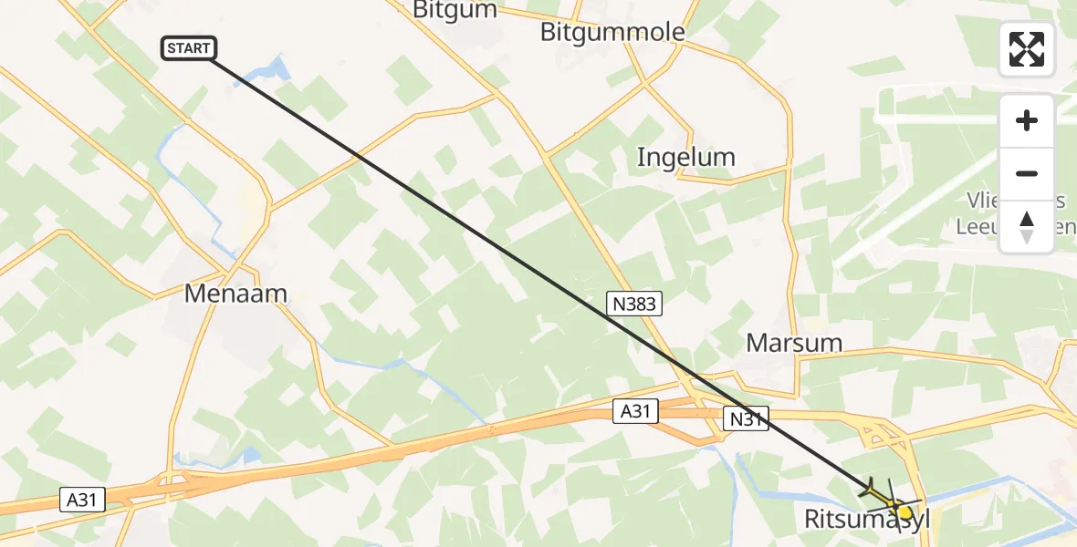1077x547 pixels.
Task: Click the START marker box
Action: [x=189, y=48]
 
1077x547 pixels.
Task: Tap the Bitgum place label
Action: [x=455, y=10]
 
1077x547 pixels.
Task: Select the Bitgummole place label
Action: [x=612, y=33]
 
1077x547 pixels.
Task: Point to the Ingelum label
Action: [x=685, y=157]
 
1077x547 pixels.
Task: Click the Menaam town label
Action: [x=235, y=294]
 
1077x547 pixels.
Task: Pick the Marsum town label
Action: [x=794, y=343]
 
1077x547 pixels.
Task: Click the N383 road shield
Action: [x=633, y=304]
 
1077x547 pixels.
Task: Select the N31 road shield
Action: [x=747, y=418]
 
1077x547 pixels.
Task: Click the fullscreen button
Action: [x=1026, y=49]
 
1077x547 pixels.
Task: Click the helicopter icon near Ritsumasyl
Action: [x=882, y=493]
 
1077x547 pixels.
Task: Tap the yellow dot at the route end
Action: [x=904, y=512]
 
